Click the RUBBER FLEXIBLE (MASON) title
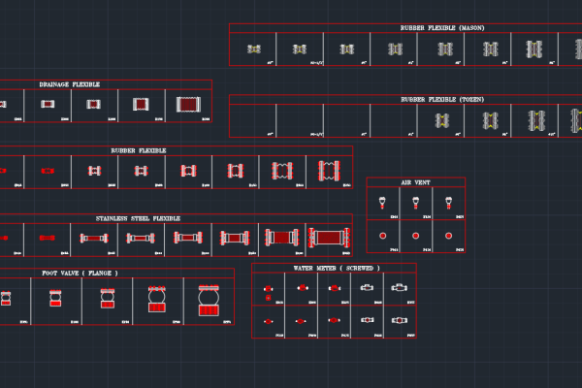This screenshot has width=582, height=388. (x=442, y=28)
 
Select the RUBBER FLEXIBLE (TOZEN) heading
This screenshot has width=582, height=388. (x=442, y=99)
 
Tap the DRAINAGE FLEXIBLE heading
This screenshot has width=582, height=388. (x=70, y=84)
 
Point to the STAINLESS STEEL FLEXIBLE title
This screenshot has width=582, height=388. (x=138, y=219)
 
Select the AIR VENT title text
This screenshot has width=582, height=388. (x=415, y=182)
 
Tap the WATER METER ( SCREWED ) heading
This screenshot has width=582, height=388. (x=336, y=268)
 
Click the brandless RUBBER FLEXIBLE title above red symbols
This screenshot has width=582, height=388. (x=138, y=151)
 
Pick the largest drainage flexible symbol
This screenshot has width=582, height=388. (x=188, y=104)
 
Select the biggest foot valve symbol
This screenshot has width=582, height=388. (x=210, y=302)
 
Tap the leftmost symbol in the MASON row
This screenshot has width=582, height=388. (x=254, y=48)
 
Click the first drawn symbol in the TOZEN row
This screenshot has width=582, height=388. (x=443, y=120)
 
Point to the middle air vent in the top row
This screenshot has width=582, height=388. (x=415, y=204)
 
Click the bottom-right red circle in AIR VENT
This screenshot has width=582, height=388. (x=448, y=236)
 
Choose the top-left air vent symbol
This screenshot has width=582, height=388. (x=383, y=204)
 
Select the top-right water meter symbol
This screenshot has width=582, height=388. (x=400, y=288)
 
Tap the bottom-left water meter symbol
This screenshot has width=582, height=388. (x=268, y=320)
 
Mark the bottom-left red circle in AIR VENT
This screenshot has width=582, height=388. (x=383, y=236)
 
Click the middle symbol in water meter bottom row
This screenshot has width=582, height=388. (x=334, y=320)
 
